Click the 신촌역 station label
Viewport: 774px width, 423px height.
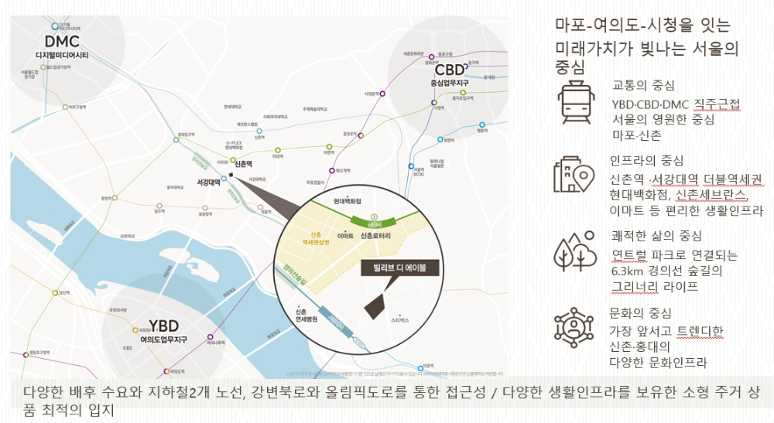246,165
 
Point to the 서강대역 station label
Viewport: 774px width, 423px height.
204,183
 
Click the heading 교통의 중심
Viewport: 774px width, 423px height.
643,84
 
